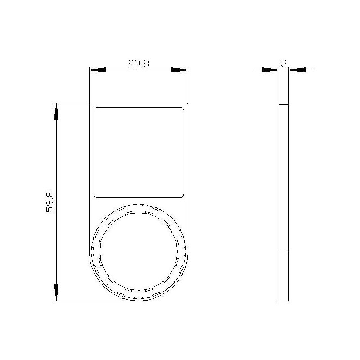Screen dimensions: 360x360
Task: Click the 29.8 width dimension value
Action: [x=138, y=64]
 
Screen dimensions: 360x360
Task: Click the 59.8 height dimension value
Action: [x=50, y=201]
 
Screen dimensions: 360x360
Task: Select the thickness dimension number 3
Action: [x=283, y=64]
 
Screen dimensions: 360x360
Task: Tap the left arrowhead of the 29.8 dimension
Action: [x=98, y=70]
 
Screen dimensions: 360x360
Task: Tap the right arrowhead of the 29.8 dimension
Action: [x=179, y=70]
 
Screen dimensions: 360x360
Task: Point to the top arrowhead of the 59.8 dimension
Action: [x=56, y=111]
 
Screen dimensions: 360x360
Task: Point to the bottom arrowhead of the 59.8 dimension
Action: [x=56, y=292]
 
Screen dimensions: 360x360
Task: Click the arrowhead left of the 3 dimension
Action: [x=270, y=70]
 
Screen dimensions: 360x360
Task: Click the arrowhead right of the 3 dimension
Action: [x=297, y=70]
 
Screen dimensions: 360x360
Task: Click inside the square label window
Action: [x=139, y=152]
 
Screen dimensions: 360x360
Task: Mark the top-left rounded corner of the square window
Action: [x=95, y=109]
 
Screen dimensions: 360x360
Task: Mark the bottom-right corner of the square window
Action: [x=182, y=195]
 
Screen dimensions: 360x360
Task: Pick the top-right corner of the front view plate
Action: [x=187, y=103]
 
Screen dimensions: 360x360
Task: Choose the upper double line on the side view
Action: [x=283, y=103]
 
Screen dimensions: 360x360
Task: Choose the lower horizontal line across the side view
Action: [x=283, y=251]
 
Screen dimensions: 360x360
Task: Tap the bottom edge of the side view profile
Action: [x=283, y=300]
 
